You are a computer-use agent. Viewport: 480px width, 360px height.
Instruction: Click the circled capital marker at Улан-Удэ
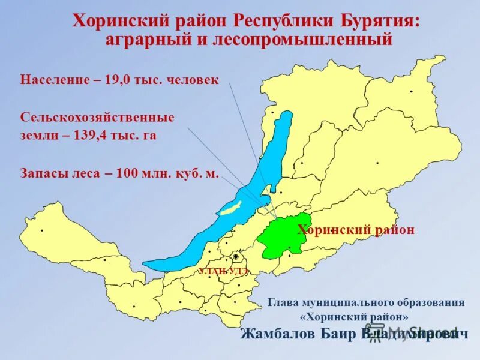click(236, 256)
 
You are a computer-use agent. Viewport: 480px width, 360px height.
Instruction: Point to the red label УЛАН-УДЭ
click(223, 271)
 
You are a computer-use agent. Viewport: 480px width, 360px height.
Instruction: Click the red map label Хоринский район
click(356, 230)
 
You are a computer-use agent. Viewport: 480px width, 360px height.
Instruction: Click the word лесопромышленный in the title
click(304, 40)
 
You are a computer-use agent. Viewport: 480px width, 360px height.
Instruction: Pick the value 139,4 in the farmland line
click(91, 136)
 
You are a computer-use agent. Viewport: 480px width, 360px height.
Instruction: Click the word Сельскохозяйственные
click(97, 117)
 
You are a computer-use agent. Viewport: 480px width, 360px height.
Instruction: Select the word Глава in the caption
click(284, 302)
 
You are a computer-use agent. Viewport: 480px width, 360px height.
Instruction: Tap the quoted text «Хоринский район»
click(357, 316)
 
